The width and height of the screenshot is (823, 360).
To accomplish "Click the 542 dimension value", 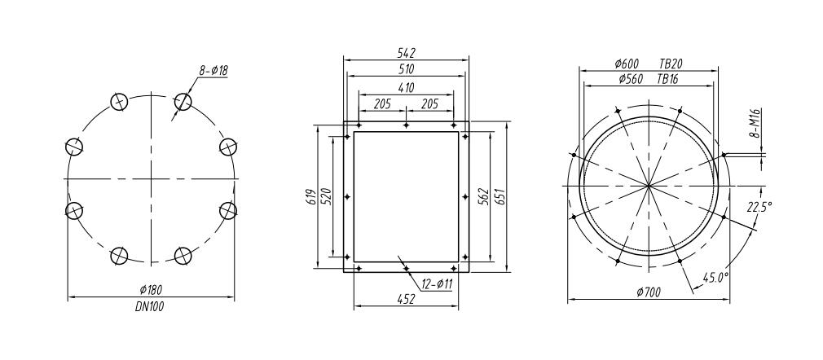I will coord(406,52).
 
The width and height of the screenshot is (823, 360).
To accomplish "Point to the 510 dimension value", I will coord(406,69).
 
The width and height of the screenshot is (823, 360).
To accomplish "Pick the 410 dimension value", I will coord(406,87).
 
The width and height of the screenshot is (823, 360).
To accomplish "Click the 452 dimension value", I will coord(406,300).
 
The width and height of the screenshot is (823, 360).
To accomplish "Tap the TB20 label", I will coord(671,64).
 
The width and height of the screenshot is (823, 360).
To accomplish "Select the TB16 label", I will coord(668,80).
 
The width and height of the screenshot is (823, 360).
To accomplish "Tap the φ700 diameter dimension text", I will coord(647,292).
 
